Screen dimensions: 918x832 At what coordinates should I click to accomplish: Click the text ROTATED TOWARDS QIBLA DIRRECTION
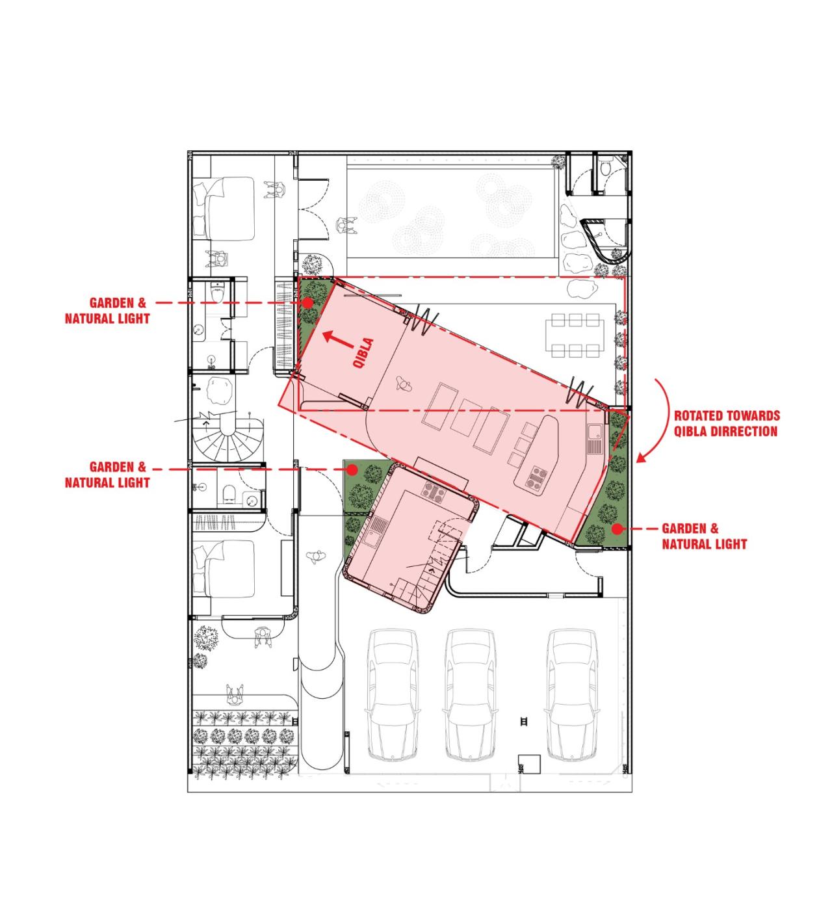point(726,423)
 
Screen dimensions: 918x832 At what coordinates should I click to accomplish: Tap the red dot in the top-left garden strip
point(307,303)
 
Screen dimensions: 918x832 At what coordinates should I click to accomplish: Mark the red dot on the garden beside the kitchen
point(354,469)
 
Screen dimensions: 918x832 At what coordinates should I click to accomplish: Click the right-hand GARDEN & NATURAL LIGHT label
point(704,536)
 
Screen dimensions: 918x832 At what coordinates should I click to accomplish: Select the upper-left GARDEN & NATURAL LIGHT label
point(107,311)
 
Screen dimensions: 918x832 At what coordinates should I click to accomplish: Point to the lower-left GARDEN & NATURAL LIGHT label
point(107,475)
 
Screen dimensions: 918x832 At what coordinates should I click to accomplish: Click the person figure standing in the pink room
point(404,385)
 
